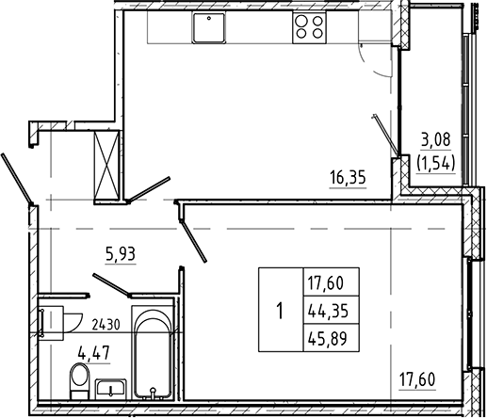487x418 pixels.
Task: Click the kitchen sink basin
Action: click(209, 27)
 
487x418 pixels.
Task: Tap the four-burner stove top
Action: click(309, 27)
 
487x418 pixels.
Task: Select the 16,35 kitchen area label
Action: click(348, 178)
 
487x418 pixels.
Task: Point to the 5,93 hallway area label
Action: click(121, 254)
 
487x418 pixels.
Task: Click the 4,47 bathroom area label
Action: click(94, 353)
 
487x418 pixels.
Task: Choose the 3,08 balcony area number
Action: click(436, 140)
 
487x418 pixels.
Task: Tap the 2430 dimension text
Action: click(106, 325)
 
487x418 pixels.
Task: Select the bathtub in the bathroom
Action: click(153, 353)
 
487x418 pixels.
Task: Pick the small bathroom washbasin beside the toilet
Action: click(111, 388)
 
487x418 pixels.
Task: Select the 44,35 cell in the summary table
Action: click(329, 312)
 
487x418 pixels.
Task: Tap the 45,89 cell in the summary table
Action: click(329, 339)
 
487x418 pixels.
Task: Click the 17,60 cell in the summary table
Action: click(327, 284)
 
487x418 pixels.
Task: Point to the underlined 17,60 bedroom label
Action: click(417, 379)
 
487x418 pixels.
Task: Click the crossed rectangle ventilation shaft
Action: click(107, 165)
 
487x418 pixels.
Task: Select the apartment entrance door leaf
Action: click(16, 180)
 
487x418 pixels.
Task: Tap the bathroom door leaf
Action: click(111, 285)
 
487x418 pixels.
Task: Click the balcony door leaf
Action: click(385, 136)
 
